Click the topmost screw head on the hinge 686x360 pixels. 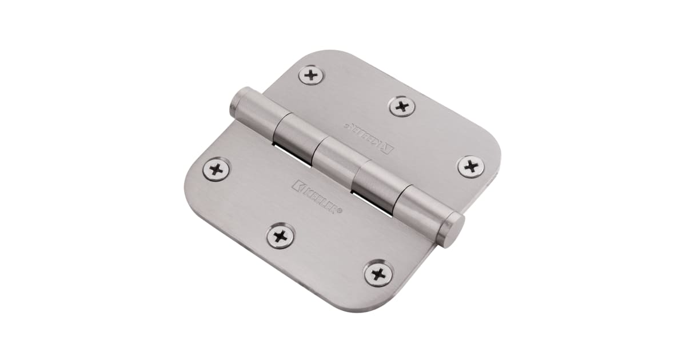(x=311, y=74)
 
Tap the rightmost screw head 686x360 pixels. (x=470, y=166)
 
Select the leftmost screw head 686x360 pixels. (x=217, y=169)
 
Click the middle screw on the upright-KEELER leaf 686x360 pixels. (x=280, y=235)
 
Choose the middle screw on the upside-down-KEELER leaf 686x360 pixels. (x=402, y=106)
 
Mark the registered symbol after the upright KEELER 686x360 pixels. (x=341, y=211)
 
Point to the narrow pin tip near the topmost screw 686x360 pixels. (x=236, y=102)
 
